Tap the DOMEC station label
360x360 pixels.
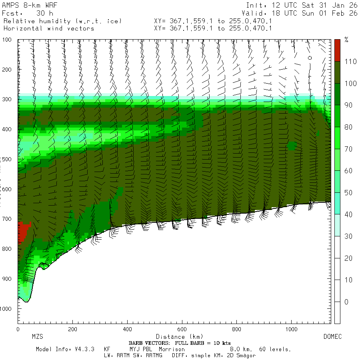332,337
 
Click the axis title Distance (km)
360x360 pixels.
174,337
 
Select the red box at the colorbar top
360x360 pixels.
337,50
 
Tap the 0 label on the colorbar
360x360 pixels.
346,302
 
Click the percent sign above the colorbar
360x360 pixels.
346,40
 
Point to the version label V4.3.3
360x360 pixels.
84,349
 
